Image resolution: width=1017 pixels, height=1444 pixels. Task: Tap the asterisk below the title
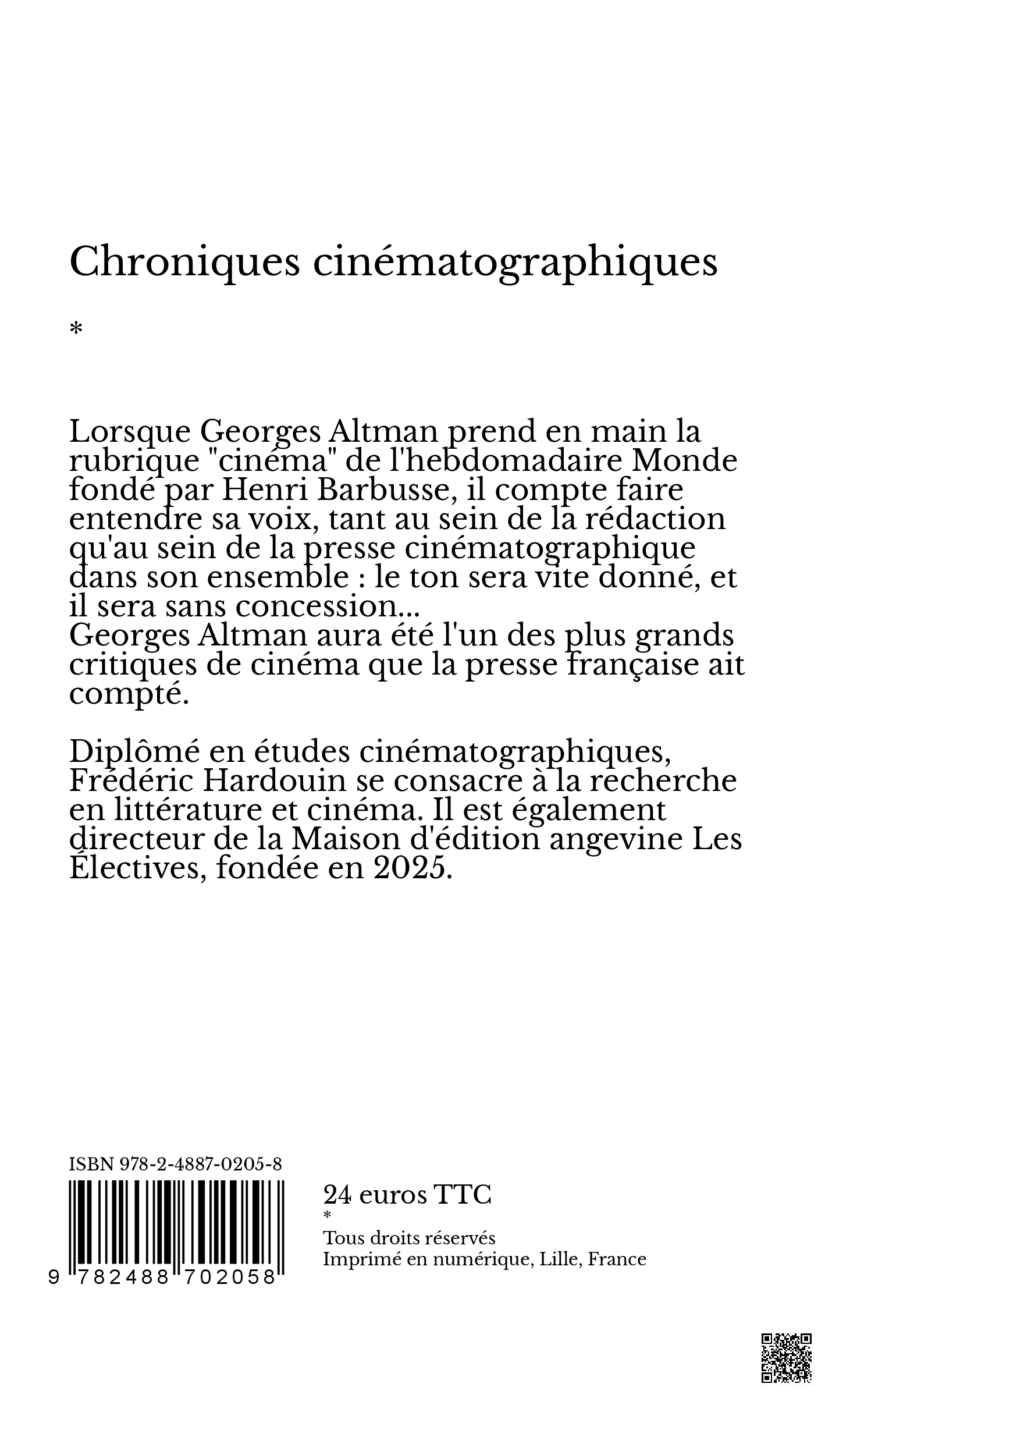point(76,329)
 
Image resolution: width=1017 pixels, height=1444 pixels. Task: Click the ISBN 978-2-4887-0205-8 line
point(175,1165)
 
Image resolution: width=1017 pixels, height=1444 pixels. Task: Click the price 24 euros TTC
point(407,1195)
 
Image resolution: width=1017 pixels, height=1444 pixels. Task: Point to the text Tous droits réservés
point(408,1239)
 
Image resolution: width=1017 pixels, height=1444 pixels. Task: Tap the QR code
point(787,1358)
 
